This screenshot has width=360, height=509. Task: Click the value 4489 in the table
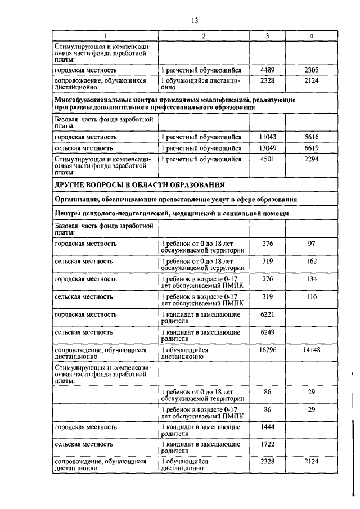click(267, 70)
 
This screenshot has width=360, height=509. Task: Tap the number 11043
click(267, 137)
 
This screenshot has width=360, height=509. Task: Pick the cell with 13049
click(267, 148)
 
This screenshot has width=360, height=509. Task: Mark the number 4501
click(267, 159)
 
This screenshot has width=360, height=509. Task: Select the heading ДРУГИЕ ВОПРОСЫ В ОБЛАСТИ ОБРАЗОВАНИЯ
click(139, 184)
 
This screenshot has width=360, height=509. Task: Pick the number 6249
click(267, 333)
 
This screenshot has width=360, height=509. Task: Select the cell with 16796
click(267, 350)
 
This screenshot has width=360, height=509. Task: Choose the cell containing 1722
click(267, 444)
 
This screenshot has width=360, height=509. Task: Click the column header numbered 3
click(267, 37)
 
